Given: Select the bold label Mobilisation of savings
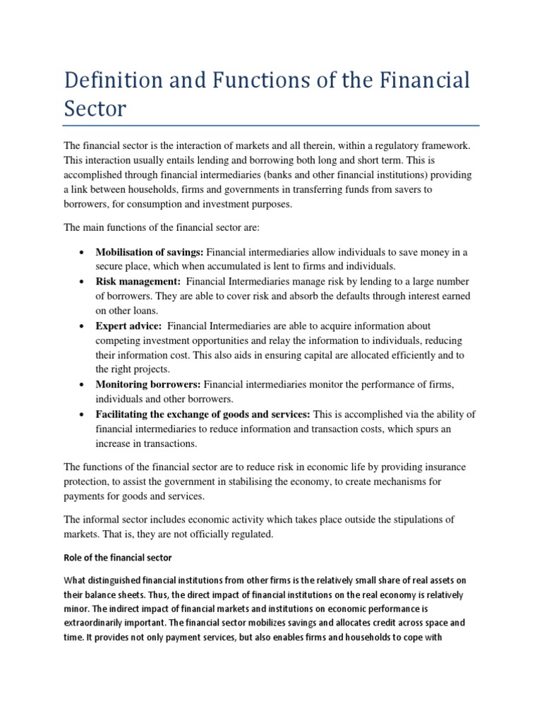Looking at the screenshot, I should tap(150, 252).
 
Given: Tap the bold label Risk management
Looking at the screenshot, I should tap(138, 282).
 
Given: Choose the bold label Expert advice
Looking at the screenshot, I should tap(129, 325).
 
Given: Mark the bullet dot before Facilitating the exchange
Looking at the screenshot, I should tap(83, 414).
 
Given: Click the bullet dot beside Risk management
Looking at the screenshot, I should tap(83, 282).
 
